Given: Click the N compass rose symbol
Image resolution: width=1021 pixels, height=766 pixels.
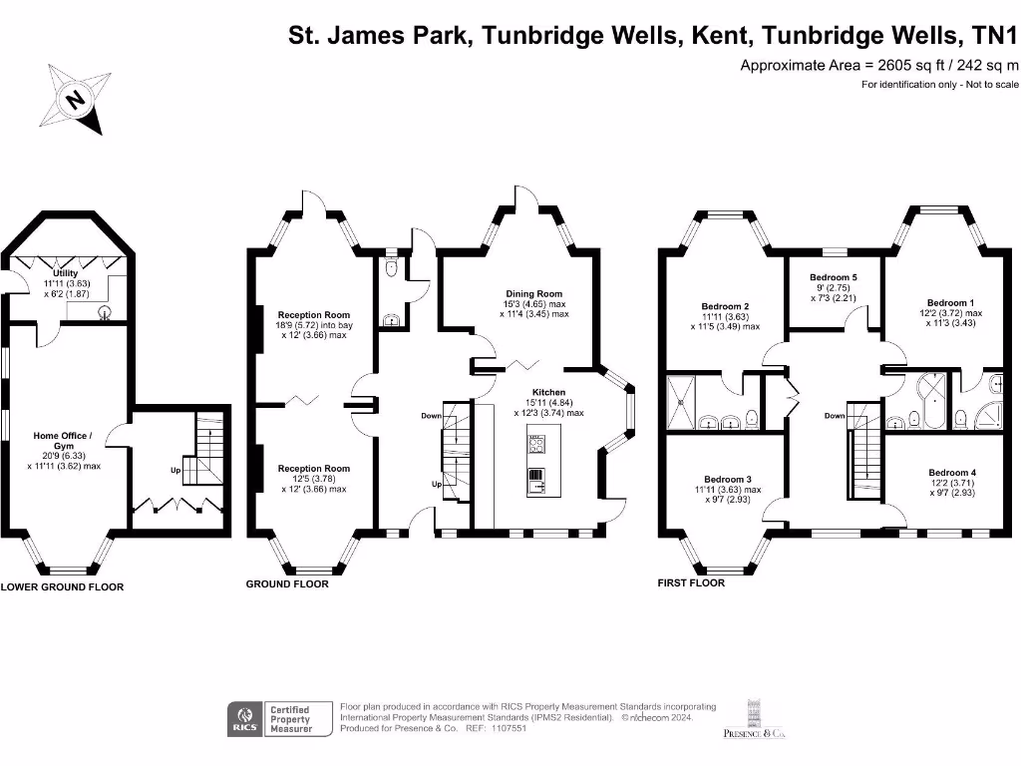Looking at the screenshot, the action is tap(76, 99).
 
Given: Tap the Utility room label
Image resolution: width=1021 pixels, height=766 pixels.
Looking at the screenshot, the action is tap(65, 273).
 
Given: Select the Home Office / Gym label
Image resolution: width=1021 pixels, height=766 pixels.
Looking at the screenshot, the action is tap(63, 440).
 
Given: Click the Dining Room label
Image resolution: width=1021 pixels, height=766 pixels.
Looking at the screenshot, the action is tap(534, 294).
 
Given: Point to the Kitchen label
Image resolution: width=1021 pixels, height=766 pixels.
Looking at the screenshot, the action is tap(549, 392).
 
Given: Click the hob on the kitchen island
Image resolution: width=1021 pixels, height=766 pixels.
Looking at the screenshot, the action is tap(536, 445).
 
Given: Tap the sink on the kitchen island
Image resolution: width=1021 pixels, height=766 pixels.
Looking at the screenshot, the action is tap(536, 482).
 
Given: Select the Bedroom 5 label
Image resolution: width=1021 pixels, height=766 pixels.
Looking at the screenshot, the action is tap(834, 277).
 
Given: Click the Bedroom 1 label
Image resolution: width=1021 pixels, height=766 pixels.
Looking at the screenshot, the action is tap(950, 302).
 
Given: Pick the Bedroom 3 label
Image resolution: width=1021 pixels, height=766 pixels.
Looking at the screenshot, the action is tap(728, 479).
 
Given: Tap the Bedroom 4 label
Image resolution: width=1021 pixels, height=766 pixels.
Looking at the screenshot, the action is tap(952, 472).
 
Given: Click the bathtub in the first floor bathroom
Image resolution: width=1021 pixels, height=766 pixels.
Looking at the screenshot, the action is tap(932, 401).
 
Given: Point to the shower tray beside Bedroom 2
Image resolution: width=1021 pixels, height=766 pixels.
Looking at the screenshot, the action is tap(681, 402).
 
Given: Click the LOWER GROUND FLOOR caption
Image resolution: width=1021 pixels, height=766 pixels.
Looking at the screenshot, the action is tap(62, 586).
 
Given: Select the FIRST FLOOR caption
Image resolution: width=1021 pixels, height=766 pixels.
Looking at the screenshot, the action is tap(691, 582).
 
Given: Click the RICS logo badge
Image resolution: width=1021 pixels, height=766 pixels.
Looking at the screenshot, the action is tap(245, 719).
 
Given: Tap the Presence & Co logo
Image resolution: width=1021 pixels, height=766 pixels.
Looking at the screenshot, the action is tap(754, 719).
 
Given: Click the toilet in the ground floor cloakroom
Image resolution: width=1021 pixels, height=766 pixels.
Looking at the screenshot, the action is tap(391, 267).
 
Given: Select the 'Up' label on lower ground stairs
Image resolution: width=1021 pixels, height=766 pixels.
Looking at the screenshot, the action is tap(175, 470).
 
